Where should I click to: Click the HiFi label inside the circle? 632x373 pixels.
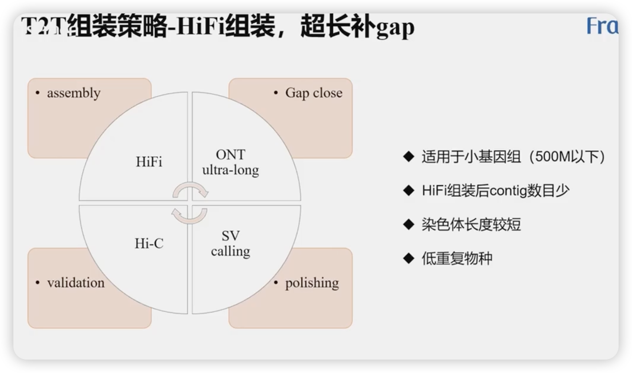149,162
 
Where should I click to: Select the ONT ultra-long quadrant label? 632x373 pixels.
230,162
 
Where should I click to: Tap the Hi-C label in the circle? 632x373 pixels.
149,243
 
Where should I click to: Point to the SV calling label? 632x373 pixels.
230,244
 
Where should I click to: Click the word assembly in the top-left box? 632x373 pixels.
74,93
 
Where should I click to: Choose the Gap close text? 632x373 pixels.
314,93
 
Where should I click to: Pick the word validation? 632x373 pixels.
75,283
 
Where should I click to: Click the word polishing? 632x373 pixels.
312,283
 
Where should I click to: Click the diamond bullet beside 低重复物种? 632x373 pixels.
409,258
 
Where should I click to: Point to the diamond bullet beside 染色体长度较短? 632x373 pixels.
409,224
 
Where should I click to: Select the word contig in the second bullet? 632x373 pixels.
508,191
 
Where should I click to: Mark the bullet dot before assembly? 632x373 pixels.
38,93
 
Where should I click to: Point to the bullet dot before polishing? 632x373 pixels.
276,283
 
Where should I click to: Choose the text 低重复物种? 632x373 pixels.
457,258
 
